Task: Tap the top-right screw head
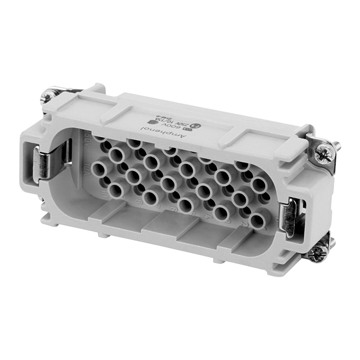pos(324,151)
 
